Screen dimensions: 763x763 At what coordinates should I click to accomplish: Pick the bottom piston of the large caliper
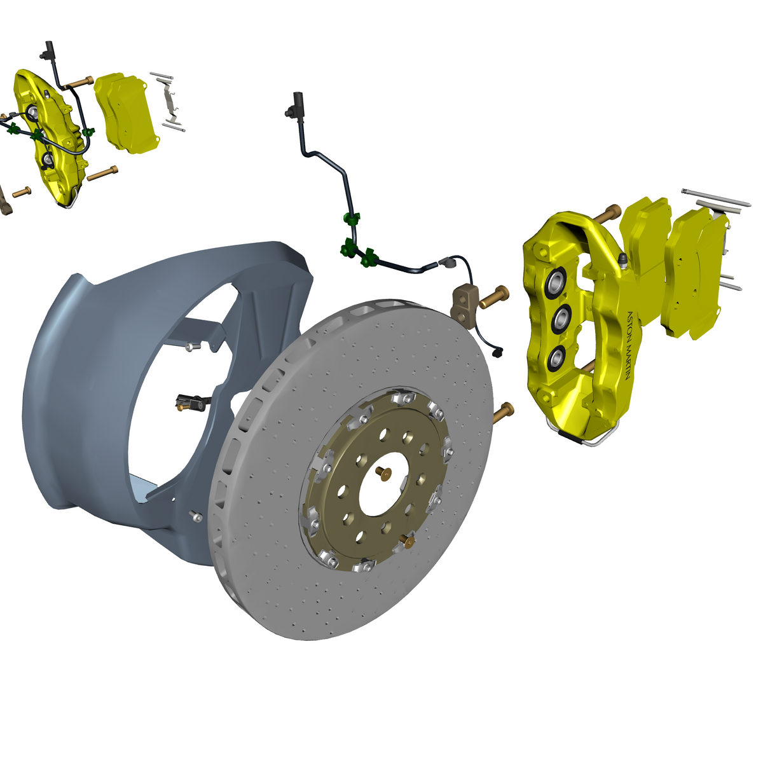click(557, 357)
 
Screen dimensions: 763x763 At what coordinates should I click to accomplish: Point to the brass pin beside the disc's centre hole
click(383, 472)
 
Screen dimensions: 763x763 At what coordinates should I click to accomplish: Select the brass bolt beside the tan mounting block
click(494, 298)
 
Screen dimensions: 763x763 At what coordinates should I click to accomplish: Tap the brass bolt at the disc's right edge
click(504, 413)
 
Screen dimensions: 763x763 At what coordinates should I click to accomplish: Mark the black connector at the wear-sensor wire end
click(498, 351)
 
